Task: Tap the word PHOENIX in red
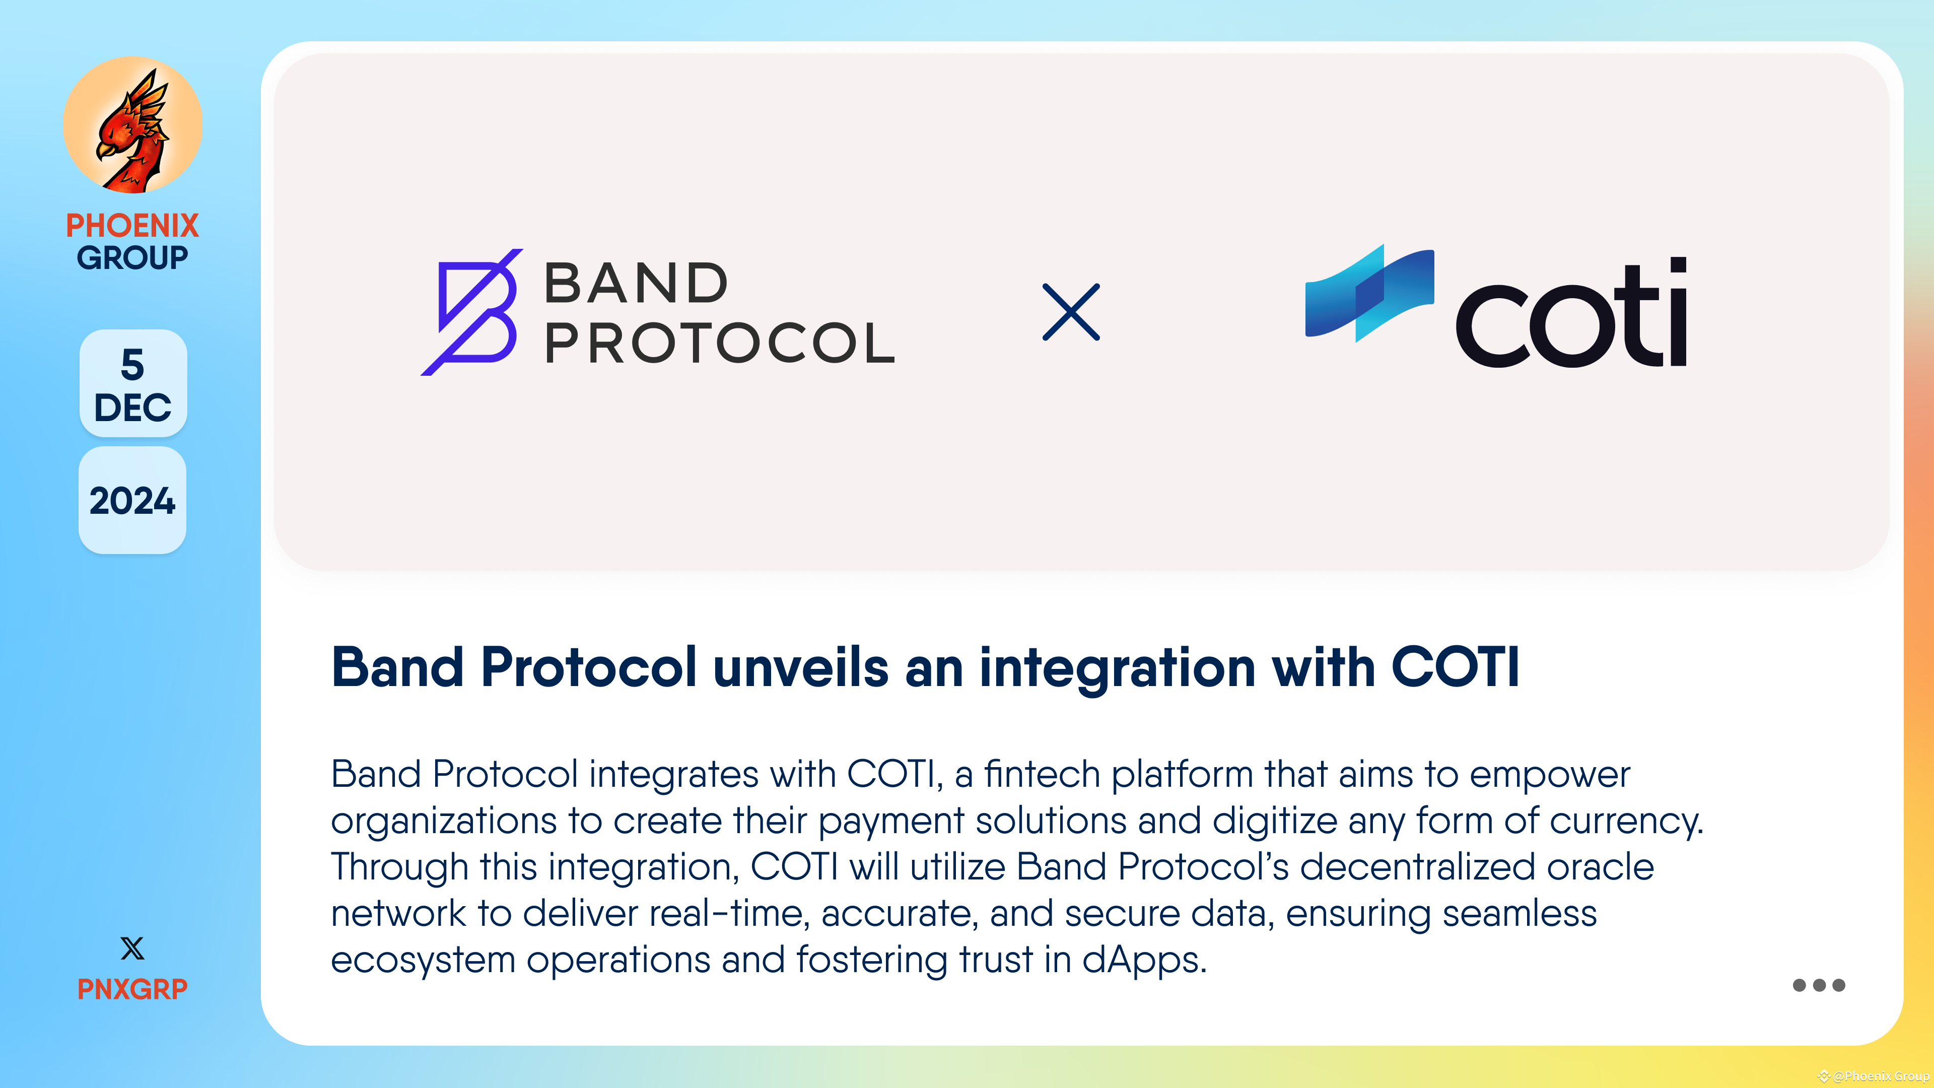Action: click(x=132, y=225)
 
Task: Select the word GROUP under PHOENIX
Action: click(x=132, y=257)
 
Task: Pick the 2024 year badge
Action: click(x=132, y=501)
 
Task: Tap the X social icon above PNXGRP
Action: click(x=132, y=948)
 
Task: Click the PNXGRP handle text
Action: click(x=132, y=989)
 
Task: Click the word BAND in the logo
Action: click(x=636, y=283)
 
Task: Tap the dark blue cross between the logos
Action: click(x=1071, y=312)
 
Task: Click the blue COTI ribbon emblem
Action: click(x=1369, y=293)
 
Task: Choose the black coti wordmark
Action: click(x=1571, y=315)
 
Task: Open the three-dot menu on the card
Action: click(x=1818, y=985)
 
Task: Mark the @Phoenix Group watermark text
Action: click(x=1880, y=1076)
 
